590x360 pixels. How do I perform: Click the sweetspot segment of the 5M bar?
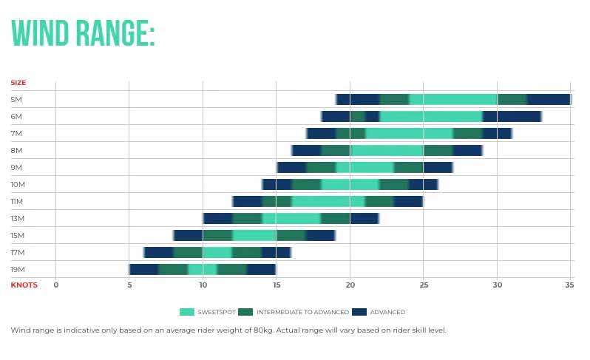click(x=452, y=99)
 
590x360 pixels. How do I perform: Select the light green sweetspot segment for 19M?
click(x=202, y=269)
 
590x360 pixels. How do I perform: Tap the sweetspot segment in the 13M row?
click(x=291, y=218)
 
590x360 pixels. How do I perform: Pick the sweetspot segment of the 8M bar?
click(x=387, y=150)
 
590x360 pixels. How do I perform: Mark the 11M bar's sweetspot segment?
click(x=328, y=201)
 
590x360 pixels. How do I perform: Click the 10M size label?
click(x=17, y=184)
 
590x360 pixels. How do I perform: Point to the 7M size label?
click(x=16, y=133)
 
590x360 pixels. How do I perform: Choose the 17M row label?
click(x=17, y=252)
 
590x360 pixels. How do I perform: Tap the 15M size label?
click(x=17, y=235)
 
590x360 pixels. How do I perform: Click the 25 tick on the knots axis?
click(x=423, y=285)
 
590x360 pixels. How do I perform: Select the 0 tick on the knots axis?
click(x=55, y=285)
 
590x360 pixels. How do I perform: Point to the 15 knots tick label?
click(x=276, y=285)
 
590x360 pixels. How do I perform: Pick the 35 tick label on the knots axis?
click(x=568, y=285)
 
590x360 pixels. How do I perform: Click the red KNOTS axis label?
click(x=24, y=285)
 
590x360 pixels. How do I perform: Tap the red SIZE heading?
click(x=18, y=83)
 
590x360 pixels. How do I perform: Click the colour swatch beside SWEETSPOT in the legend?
click(x=187, y=312)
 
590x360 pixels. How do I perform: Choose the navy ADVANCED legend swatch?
click(x=359, y=312)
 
